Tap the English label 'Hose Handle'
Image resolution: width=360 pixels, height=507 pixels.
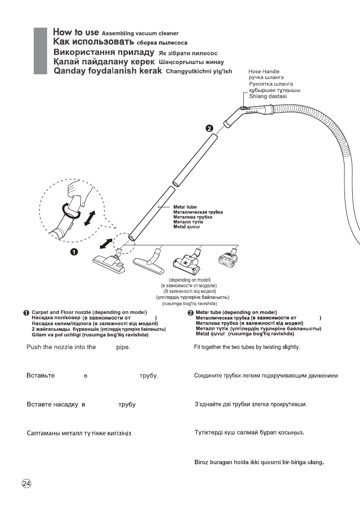pos(264,71)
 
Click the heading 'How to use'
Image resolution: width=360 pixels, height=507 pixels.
pos(76,32)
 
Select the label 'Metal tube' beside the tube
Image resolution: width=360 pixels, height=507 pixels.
pos(185,207)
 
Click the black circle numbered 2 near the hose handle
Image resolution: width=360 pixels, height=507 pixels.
pos(209,128)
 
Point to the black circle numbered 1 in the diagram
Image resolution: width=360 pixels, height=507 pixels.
pos(74,252)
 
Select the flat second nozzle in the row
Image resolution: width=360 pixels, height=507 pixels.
pos(149,264)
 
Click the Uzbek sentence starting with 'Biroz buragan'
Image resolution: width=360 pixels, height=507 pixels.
pos(258,461)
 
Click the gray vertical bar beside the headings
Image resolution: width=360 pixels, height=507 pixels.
pos(40,51)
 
